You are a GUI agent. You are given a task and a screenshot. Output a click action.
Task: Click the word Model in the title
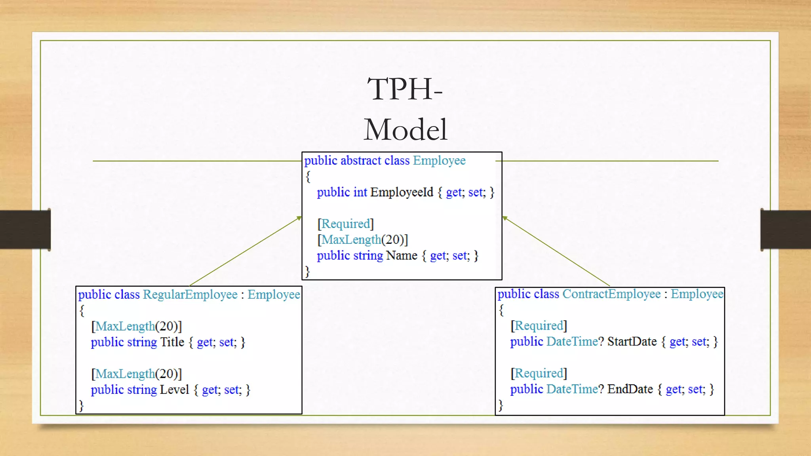(x=405, y=130)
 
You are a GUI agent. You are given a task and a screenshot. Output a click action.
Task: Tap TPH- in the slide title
(x=405, y=89)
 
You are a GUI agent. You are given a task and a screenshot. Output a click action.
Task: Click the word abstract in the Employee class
(x=360, y=160)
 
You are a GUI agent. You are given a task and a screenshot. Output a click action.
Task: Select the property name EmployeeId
(x=402, y=192)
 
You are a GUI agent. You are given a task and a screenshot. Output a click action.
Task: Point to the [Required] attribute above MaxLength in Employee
(x=345, y=224)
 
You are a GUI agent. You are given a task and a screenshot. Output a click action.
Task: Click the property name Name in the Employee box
(x=402, y=255)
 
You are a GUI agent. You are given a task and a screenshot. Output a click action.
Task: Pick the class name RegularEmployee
(x=190, y=294)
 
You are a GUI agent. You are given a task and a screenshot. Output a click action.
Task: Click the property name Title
(x=172, y=342)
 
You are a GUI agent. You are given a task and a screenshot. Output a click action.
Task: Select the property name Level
(x=174, y=389)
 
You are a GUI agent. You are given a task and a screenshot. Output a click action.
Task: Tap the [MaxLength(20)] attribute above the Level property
(x=136, y=374)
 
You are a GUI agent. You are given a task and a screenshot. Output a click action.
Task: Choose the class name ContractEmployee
(x=611, y=294)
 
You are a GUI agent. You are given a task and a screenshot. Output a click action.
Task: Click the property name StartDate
(x=632, y=341)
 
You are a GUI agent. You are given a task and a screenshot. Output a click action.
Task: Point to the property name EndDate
(x=630, y=389)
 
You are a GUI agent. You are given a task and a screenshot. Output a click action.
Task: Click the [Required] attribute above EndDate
(x=539, y=373)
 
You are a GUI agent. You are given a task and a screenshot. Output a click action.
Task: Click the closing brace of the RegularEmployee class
(x=81, y=406)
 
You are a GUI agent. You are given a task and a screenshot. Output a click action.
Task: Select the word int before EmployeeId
(x=360, y=192)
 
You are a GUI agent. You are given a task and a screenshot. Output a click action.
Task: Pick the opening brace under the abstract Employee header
(x=308, y=177)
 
